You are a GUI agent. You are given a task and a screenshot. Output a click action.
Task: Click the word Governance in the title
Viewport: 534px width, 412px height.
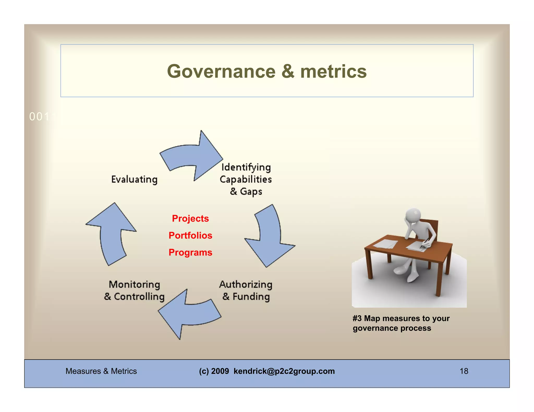coord(221,72)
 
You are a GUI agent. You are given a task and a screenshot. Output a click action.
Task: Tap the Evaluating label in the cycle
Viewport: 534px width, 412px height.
coord(134,179)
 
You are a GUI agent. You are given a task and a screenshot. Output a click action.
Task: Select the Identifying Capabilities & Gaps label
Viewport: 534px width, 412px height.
coord(246,179)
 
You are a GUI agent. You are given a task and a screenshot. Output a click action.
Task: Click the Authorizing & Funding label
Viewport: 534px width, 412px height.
coord(246,290)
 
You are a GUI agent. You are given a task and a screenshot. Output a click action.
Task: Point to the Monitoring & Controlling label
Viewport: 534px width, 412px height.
coord(134,290)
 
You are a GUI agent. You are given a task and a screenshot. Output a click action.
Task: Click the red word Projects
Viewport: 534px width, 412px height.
coord(190,219)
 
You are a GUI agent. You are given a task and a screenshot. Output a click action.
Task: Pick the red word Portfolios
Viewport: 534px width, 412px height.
coord(190,235)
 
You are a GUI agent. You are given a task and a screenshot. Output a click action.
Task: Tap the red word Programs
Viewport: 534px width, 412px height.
coord(190,252)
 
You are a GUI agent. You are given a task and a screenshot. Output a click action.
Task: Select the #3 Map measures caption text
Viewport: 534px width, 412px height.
coord(401,323)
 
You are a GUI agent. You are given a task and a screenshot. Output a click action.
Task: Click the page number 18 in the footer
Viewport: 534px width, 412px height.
coord(464,371)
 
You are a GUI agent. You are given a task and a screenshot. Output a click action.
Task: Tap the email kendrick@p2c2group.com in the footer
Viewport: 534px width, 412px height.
coord(284,371)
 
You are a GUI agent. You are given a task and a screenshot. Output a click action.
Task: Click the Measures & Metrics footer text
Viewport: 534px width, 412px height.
coord(101,371)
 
